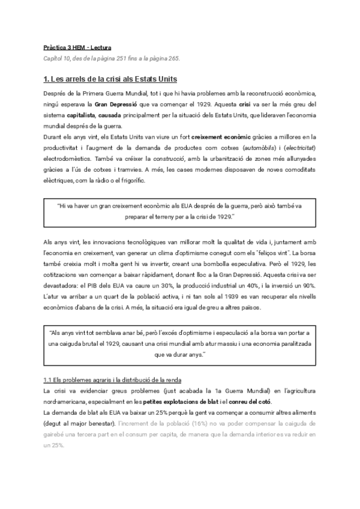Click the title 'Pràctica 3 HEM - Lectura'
point(77,46)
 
